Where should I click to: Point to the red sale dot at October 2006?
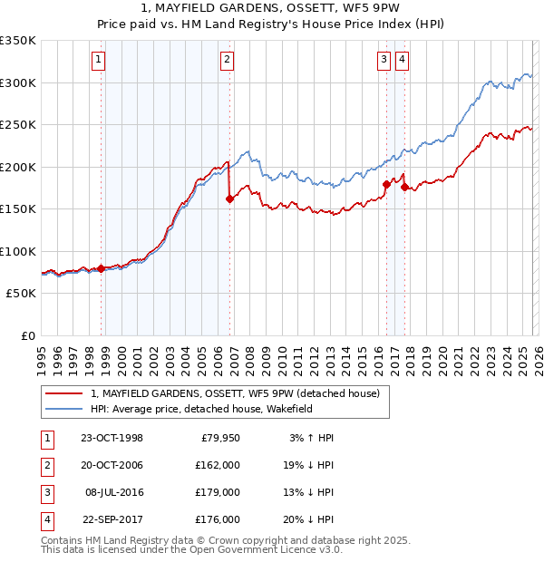point(229,199)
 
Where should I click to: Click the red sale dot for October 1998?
point(102,268)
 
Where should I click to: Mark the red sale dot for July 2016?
point(386,185)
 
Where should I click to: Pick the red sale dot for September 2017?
point(405,188)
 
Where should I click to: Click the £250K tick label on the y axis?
point(18,124)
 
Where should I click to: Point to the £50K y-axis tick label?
point(22,294)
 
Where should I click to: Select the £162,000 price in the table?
point(218,465)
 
